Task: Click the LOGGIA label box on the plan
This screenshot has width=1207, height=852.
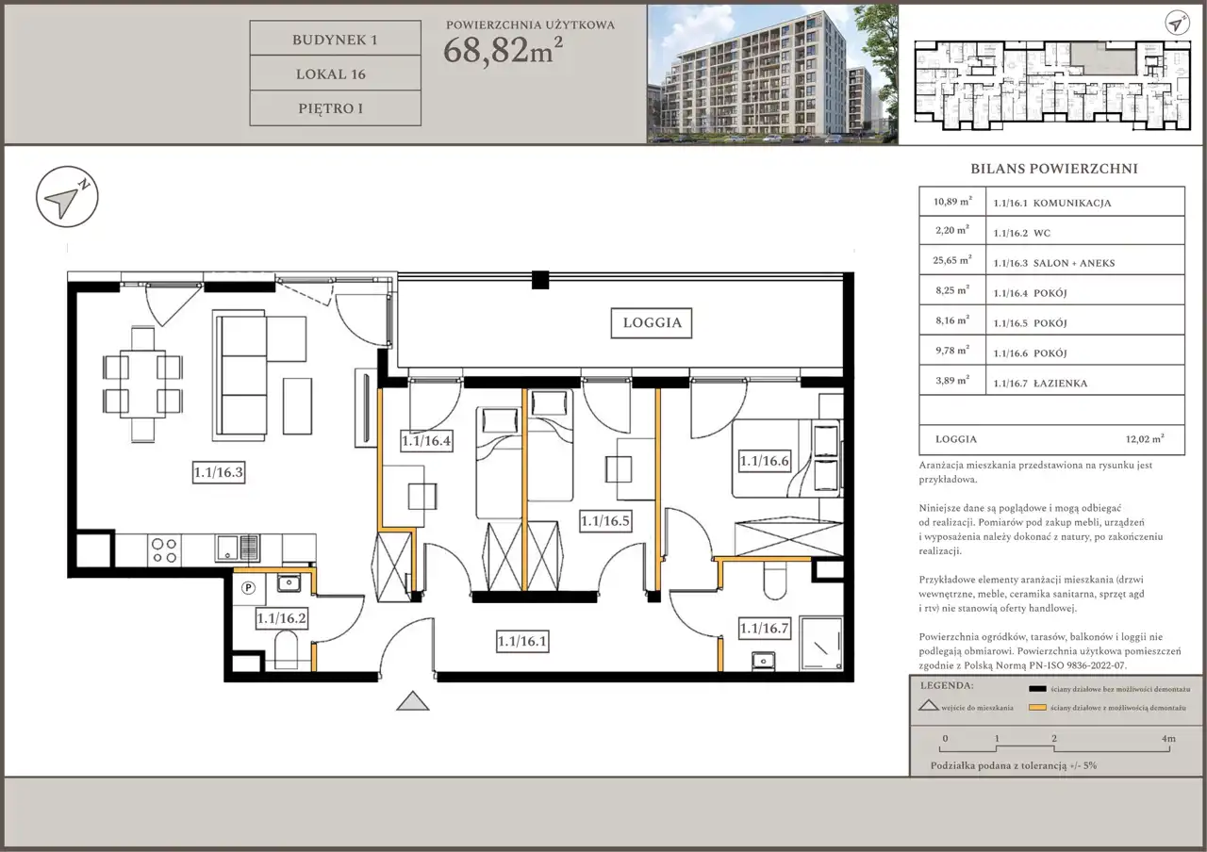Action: click(652, 323)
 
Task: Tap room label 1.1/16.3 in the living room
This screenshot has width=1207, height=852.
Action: click(219, 472)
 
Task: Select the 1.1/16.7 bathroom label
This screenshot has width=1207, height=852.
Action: click(764, 628)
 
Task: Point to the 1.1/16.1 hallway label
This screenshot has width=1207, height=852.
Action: click(522, 642)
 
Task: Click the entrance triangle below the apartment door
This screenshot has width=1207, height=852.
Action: click(413, 701)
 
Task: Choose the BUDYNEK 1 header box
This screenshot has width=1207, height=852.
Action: click(335, 39)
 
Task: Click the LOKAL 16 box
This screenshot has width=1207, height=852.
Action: click(335, 74)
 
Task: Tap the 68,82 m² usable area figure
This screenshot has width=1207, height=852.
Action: click(504, 51)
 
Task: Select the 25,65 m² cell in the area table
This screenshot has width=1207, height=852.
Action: click(952, 261)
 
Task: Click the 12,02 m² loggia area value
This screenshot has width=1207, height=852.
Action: click(1145, 439)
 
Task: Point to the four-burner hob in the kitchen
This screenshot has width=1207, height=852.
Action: click(164, 550)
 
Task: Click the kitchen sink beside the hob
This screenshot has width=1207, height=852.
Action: click(238, 549)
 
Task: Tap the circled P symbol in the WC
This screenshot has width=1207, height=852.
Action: click(248, 587)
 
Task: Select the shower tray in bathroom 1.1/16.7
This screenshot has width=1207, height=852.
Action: click(821, 644)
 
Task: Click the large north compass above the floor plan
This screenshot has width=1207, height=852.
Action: click(67, 197)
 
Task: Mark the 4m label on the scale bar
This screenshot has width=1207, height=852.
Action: click(1168, 738)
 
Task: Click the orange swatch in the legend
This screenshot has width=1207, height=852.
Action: click(1037, 708)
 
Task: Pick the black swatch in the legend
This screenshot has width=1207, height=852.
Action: click(1037, 689)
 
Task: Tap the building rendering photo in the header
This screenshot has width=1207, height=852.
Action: click(772, 74)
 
